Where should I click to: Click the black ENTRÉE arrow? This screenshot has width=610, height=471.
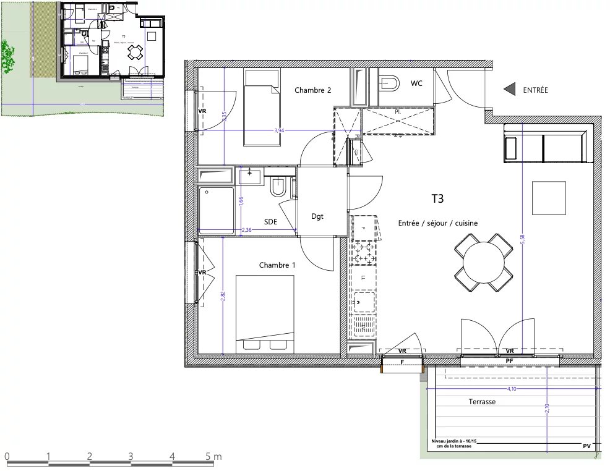[x=510, y=90]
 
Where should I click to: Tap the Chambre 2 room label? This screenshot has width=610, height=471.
[x=312, y=90]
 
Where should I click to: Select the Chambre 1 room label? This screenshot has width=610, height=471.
[x=277, y=265]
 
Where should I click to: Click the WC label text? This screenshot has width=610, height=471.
[x=416, y=83]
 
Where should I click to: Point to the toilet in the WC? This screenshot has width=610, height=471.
[x=389, y=82]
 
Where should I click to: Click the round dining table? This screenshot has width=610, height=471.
[x=483, y=263]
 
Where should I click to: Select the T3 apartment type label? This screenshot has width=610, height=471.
[x=437, y=198]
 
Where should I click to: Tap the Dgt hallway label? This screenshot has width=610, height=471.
[x=317, y=216]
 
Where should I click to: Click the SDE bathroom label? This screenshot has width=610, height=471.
[x=270, y=221]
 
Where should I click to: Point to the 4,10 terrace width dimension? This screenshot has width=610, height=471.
[x=512, y=389]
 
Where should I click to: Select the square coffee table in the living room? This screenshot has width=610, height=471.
[x=548, y=198]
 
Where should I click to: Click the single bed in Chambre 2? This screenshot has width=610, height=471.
[x=262, y=108]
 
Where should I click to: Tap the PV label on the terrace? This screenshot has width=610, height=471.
[x=586, y=446]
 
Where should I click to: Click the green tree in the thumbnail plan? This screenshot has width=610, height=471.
[x=7, y=57]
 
